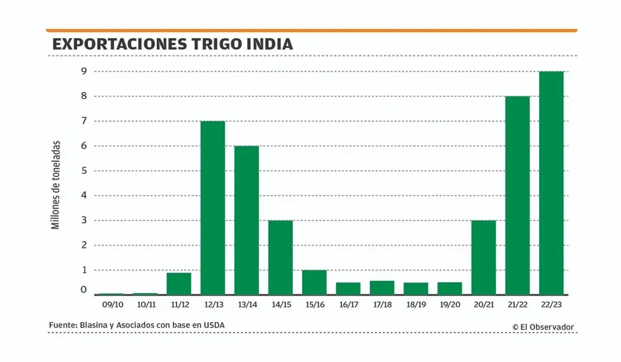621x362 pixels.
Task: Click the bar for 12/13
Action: pyautogui.click(x=212, y=207)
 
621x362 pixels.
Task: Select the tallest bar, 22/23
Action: pyautogui.click(x=551, y=183)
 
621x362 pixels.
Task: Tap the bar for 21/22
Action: pyautogui.click(x=517, y=195)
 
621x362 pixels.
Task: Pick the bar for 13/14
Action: pyautogui.click(x=246, y=220)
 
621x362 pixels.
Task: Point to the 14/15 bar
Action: pyautogui.click(x=280, y=257)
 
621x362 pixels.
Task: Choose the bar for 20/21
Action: pyautogui.click(x=483, y=257)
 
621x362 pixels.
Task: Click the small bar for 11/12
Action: pyautogui.click(x=179, y=283)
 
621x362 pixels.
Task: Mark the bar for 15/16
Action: pyautogui.click(x=314, y=282)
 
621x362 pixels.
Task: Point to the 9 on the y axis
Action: pyautogui.click(x=84, y=72)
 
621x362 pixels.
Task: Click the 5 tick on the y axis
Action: pyautogui.click(x=84, y=170)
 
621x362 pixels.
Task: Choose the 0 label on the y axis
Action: pyautogui.click(x=84, y=290)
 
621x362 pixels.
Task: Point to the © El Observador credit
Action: pyautogui.click(x=543, y=327)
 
